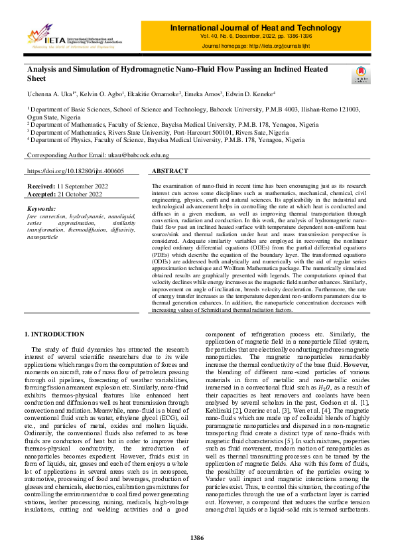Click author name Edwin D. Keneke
[251, 94]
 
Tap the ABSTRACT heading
[169, 171]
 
